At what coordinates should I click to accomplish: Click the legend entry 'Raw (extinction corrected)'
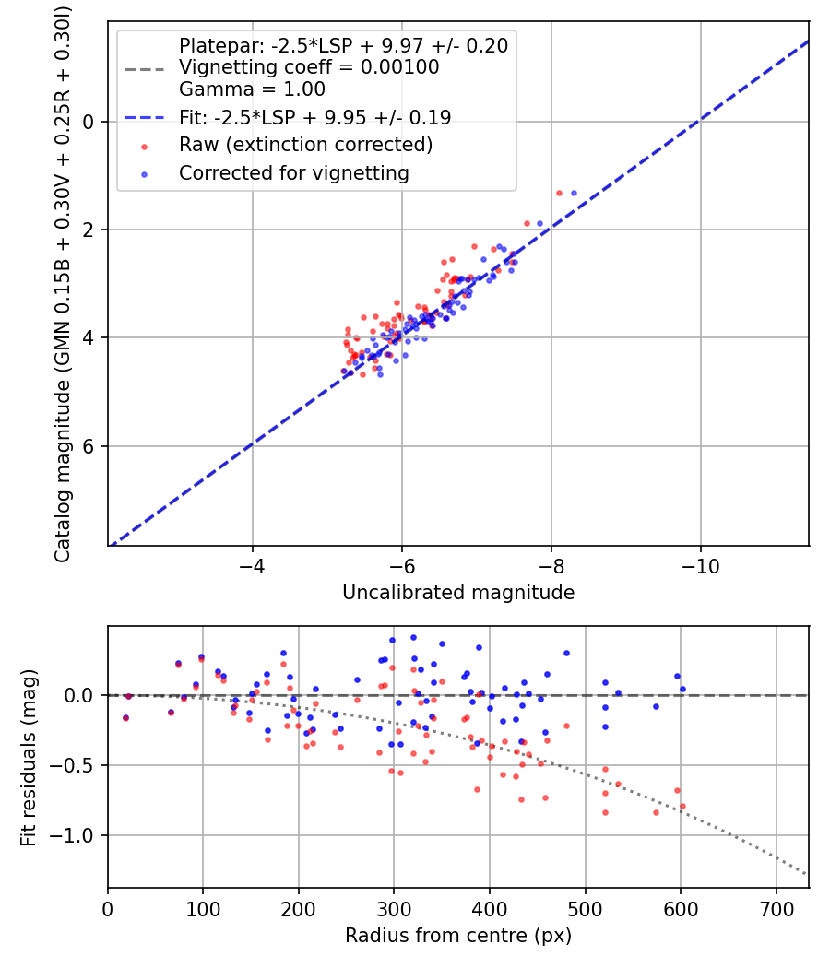pos(305,145)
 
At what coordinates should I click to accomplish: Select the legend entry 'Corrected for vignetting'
pos(294,172)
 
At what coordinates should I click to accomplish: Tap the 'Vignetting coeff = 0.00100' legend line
pos(309,67)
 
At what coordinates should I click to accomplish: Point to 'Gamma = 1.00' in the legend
pos(252,89)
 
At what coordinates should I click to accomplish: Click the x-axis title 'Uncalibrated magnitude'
pos(458,593)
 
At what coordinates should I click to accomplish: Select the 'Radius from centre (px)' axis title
pos(458,936)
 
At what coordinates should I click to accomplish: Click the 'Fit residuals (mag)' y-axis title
pos(29,757)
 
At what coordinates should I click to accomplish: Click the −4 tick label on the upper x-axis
pos(252,563)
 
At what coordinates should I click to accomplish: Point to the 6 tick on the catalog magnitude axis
pos(89,446)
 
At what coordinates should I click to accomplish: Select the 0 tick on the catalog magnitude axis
pos(89,121)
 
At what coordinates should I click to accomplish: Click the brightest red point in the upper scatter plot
pos(559,193)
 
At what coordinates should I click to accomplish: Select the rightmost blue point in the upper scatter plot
pos(574,193)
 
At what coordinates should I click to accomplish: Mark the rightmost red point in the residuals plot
pos(682,807)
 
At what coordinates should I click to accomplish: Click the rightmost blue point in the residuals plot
pos(682,689)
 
